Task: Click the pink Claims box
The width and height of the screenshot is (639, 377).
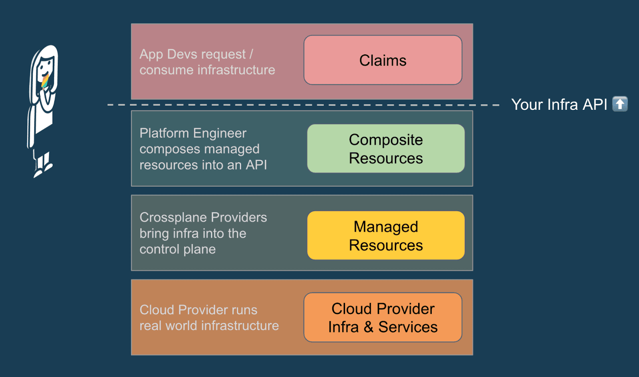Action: click(383, 60)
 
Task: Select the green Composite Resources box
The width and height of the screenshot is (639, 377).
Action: click(386, 149)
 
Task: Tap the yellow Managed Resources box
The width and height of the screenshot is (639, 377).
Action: click(386, 236)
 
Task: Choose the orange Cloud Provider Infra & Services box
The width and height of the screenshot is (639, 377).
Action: click(383, 317)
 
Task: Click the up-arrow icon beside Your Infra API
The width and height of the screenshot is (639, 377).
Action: click(620, 104)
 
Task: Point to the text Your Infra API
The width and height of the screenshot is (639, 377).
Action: click(559, 105)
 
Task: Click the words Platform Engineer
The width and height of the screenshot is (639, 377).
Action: click(193, 133)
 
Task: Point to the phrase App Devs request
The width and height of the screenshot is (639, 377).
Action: click(192, 54)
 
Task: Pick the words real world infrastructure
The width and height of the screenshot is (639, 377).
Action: click(209, 326)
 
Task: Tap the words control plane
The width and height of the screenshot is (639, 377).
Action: click(177, 249)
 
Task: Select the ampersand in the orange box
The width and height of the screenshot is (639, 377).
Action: click(368, 327)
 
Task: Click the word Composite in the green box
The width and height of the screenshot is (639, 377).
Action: click(386, 140)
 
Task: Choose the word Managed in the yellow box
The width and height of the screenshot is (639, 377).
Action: click(386, 227)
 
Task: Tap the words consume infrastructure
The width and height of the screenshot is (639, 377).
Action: click(207, 70)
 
